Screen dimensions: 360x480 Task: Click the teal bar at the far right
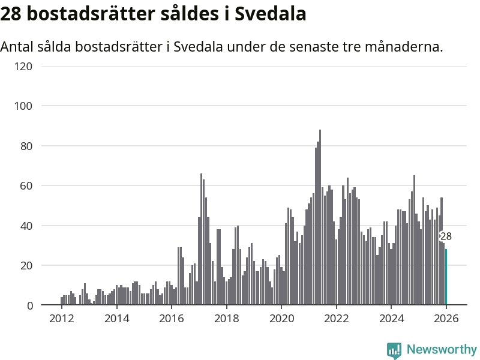(x=446, y=277)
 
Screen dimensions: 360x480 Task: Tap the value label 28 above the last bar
(x=446, y=236)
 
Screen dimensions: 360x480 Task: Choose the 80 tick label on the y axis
(x=25, y=146)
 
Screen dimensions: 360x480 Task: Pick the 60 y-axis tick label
(x=25, y=186)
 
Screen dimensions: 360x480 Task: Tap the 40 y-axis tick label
(x=25, y=226)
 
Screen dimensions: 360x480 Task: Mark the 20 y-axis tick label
(x=25, y=266)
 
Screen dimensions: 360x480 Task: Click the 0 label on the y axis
(x=28, y=305)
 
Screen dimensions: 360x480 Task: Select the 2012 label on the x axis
(x=61, y=318)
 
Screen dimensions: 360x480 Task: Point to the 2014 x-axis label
(x=116, y=318)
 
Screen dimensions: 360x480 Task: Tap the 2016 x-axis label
(x=171, y=318)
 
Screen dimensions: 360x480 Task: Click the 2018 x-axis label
(x=226, y=318)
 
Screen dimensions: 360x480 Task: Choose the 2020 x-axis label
(x=281, y=318)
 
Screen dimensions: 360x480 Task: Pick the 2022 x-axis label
(x=336, y=318)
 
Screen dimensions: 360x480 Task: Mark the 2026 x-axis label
(x=446, y=318)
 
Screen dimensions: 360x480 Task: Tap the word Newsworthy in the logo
(x=442, y=349)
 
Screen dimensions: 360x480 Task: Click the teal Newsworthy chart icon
(x=394, y=350)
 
